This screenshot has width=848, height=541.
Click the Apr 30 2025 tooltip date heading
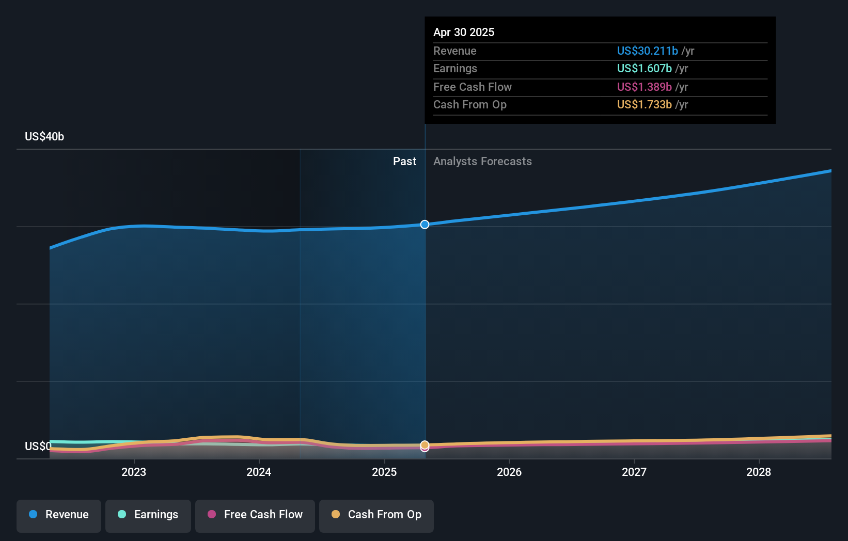click(463, 32)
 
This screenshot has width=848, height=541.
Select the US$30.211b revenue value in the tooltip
click(647, 51)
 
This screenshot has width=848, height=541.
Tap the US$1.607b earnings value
click(644, 68)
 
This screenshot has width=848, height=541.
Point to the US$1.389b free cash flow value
click(644, 87)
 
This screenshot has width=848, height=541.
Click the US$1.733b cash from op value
click(644, 104)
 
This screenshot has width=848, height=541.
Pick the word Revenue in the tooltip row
click(454, 51)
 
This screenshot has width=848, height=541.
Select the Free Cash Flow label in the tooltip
click(472, 87)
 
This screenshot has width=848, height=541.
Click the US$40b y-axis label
click(44, 136)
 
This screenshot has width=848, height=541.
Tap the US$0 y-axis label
click(38, 446)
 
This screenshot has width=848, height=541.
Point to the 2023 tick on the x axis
click(134, 472)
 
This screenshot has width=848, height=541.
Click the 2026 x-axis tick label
click(509, 472)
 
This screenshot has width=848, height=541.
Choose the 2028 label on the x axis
click(758, 472)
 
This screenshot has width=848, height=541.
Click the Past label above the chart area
click(404, 161)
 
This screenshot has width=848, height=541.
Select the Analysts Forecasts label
click(482, 161)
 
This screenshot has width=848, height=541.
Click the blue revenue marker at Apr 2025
click(425, 225)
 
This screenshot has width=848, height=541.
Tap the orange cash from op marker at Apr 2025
click(425, 444)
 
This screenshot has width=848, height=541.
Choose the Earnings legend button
click(148, 515)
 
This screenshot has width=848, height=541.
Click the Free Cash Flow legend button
click(255, 515)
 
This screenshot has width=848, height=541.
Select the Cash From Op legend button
click(376, 515)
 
